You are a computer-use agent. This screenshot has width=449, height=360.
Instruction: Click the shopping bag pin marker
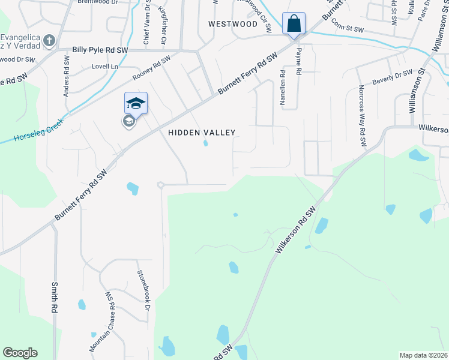[x=294, y=25]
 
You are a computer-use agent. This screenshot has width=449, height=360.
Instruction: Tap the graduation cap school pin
[x=136, y=104]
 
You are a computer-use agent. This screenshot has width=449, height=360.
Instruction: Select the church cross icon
[x=49, y=40]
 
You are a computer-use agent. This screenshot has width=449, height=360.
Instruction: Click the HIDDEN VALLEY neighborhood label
[x=202, y=133]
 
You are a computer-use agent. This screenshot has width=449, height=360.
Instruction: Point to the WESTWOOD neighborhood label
[x=232, y=24]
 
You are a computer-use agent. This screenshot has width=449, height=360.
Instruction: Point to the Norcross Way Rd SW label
[x=362, y=116]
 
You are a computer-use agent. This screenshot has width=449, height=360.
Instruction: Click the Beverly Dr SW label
[x=393, y=77]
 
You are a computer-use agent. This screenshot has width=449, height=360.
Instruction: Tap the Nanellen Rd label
[x=282, y=89]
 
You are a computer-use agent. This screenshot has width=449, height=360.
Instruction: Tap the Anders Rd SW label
[x=66, y=76]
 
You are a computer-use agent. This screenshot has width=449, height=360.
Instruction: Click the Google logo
[x=20, y=353]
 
